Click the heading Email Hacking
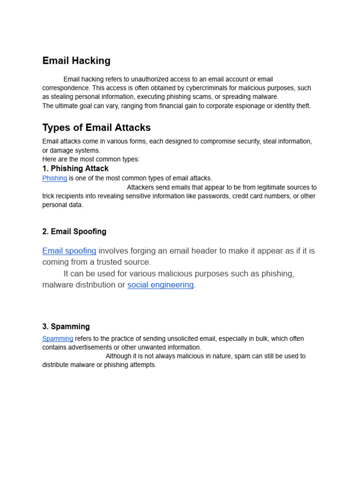76,60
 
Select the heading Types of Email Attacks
97,127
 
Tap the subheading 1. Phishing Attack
75,168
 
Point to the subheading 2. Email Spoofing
74,232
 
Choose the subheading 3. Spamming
66,327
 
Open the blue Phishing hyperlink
55,178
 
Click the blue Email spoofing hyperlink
69,251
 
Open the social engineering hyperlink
160,285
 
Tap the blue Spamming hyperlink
58,338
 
